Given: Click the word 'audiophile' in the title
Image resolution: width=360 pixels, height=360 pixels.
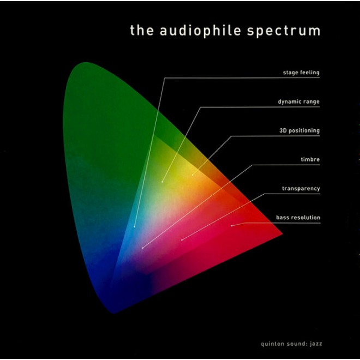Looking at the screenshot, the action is (x=200, y=31).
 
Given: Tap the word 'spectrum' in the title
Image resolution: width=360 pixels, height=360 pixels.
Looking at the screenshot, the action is (x=284, y=32).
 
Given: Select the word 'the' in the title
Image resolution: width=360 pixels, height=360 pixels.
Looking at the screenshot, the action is (x=142, y=30).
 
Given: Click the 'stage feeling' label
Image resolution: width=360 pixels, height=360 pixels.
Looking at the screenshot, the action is (x=301, y=73).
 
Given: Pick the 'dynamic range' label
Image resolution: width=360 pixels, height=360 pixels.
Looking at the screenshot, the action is (x=298, y=101).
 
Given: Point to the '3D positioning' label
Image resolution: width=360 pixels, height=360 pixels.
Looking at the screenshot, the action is (x=299, y=131).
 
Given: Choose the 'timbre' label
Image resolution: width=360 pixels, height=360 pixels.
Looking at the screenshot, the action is (x=310, y=159).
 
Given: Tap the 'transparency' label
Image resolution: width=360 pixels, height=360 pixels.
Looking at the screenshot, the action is (x=301, y=189).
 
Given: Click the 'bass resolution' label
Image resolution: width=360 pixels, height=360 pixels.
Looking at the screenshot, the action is (x=298, y=218).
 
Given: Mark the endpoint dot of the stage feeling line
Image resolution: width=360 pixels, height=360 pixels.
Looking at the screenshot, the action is (x=134, y=227).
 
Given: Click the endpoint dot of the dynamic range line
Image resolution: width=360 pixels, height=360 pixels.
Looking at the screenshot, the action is (x=162, y=182).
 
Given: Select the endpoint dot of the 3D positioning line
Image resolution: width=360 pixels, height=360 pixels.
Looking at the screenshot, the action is (x=193, y=175).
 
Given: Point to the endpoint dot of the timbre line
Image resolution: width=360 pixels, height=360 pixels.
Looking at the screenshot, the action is (x=142, y=248).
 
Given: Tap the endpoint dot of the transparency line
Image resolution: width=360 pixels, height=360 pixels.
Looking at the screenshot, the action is (x=182, y=240).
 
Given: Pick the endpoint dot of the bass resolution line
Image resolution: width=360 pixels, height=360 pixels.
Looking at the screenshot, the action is (x=231, y=226).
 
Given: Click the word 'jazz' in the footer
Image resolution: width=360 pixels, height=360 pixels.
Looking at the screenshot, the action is (x=316, y=344).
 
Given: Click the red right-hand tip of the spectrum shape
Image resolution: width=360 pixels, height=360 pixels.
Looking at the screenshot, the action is (x=283, y=233).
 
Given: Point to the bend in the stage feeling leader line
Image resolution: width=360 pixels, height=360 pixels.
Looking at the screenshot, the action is (x=165, y=78).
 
